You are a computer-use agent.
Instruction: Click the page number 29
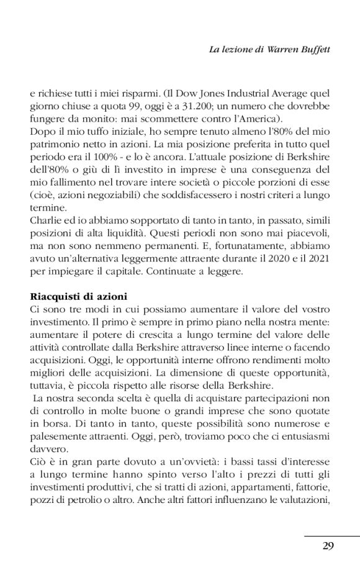coord(329,546)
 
